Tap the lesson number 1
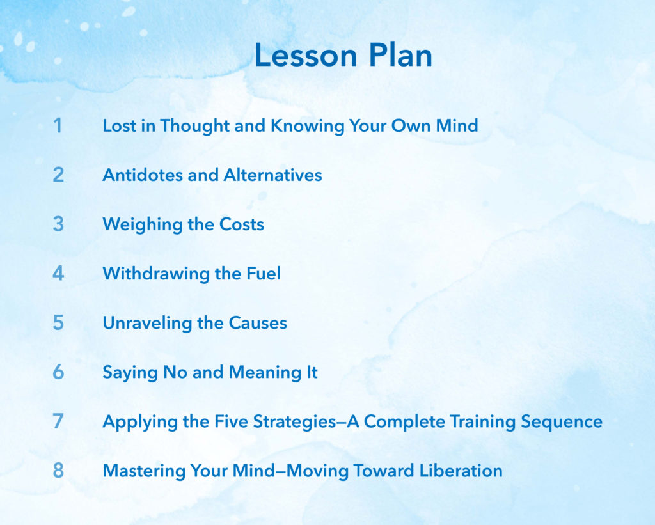58,125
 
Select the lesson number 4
58,274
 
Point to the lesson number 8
58,471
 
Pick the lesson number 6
58,372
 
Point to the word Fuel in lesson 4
263,274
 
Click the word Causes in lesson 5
257,323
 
